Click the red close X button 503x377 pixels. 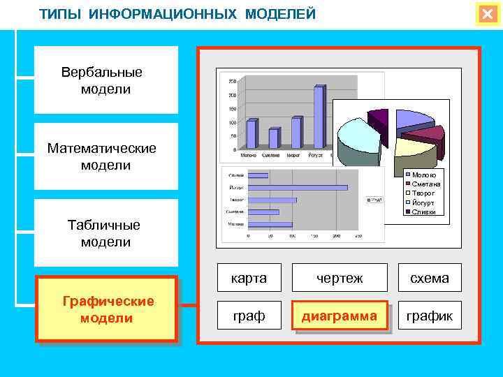click(487, 14)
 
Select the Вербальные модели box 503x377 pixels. click(106, 80)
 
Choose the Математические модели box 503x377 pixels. click(106, 156)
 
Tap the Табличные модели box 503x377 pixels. click(106, 233)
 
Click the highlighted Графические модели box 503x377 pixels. click(107, 309)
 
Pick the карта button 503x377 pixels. click(249, 278)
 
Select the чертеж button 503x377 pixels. click(340, 278)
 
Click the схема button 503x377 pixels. click(430, 278)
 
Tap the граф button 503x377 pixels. click(249, 316)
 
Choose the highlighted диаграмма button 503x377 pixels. click(340, 316)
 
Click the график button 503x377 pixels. click(430, 316)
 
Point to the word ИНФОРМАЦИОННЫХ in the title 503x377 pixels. click(164, 14)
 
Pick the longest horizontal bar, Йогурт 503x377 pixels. click(298, 187)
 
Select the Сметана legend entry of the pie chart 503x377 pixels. click(424, 184)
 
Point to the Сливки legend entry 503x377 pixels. click(423, 212)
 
